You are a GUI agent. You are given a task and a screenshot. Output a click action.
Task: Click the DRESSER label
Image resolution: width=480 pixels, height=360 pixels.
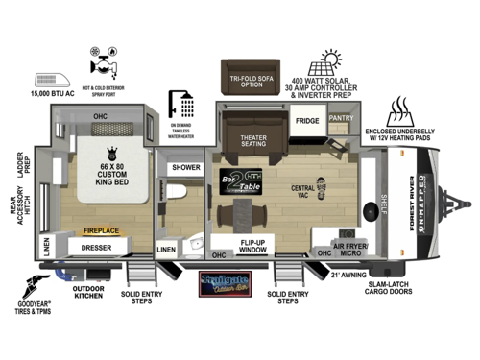click(x=96, y=247)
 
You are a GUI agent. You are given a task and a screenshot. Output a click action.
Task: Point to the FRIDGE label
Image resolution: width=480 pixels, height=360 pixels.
click(x=307, y=121)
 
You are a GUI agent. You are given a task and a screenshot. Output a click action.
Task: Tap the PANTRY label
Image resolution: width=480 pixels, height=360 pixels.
click(x=342, y=118)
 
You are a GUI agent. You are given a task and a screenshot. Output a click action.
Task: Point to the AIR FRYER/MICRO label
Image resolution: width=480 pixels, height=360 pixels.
click(x=350, y=248)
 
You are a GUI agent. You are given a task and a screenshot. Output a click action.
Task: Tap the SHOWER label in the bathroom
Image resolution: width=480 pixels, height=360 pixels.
click(x=186, y=167)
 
